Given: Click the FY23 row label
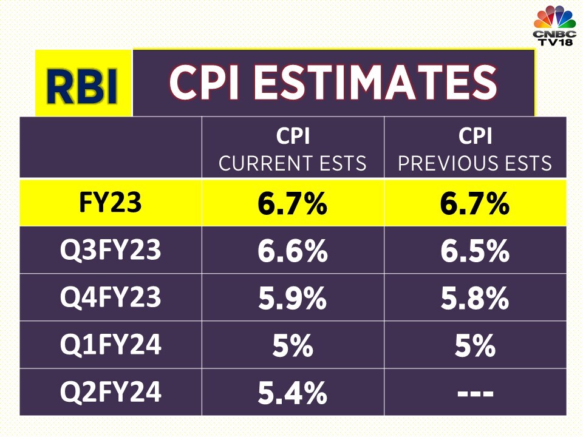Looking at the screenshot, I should click(111, 203).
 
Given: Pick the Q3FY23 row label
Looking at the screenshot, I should click(111, 250).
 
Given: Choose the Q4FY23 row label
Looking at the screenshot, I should click(111, 297).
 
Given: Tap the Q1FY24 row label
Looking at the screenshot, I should click(111, 345).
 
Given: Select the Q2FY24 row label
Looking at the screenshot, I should click(111, 392).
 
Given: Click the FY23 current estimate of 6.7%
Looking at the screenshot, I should click(293, 204).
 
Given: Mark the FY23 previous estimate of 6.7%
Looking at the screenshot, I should click(475, 204).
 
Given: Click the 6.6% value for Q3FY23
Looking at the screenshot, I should click(293, 251).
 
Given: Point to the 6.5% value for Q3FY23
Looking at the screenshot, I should click(475, 251).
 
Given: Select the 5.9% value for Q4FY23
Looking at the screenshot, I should click(293, 298).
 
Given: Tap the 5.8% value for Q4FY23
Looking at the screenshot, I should click(475, 298).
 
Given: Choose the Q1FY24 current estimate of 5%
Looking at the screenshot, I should click(293, 345).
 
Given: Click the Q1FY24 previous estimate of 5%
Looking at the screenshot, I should click(475, 345).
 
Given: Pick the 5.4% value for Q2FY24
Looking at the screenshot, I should click(293, 393).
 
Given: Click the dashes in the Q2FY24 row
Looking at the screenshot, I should click(475, 393).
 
